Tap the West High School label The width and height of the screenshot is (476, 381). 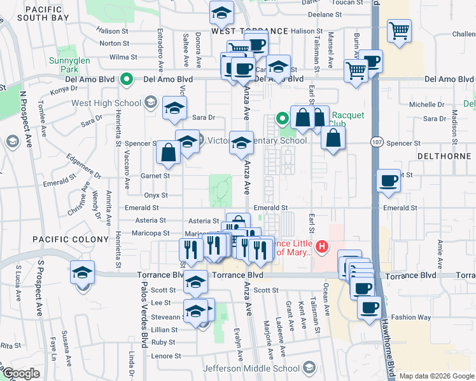tap(106, 103)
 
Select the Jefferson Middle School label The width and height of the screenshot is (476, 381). tap(251, 368)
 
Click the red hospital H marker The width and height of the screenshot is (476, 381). tap(323, 246)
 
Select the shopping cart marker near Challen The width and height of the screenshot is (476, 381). tap(399, 30)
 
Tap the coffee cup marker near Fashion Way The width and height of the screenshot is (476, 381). tap(368, 309)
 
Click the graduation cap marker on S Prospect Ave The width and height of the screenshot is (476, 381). tap(82, 273)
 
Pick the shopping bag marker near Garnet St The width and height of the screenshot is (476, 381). tap(168, 152)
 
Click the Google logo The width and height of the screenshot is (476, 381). tap(21, 373)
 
